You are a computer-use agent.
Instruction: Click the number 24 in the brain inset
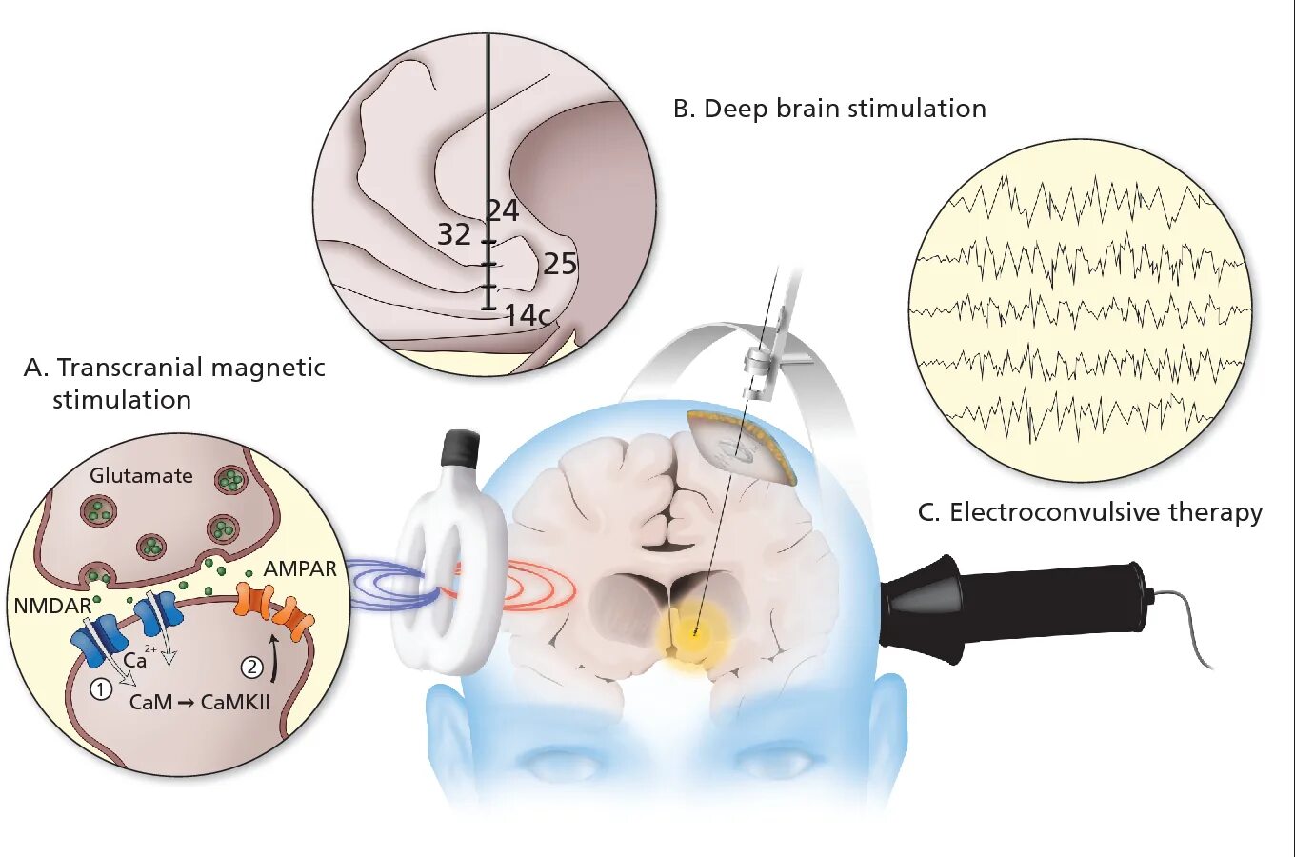(504, 209)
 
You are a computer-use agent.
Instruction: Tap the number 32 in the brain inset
(454, 234)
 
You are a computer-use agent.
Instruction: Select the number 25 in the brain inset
(560, 264)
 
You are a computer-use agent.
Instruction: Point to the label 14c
(527, 314)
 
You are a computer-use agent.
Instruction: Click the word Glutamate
(141, 475)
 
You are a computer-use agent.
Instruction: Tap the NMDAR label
(52, 606)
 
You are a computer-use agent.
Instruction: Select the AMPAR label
(300, 568)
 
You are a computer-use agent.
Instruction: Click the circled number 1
(101, 688)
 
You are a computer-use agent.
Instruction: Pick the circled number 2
(251, 667)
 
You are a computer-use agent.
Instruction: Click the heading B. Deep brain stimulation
(829, 109)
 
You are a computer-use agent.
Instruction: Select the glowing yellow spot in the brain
(694, 629)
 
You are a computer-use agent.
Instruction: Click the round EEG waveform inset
(1080, 309)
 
